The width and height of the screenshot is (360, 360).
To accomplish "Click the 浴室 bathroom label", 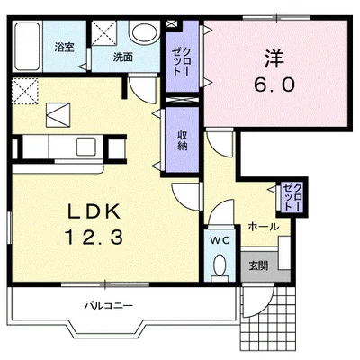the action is point(64,47).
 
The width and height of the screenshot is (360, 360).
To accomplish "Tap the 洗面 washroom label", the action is point(123,57).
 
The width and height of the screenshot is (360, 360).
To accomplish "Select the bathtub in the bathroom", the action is point(27,46).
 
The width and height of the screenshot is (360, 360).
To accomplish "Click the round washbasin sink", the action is point(144,32).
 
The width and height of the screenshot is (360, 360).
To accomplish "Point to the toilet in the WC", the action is point(220,266).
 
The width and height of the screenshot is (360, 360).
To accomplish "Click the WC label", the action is point(220,240).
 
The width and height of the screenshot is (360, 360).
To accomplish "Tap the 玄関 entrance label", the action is point(259,265).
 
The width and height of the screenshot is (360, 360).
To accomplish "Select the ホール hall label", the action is point(264,227).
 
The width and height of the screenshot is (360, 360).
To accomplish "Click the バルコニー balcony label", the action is point(108,306).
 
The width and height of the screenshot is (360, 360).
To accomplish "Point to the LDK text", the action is point(94,212).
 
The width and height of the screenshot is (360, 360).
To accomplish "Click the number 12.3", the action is point(94,238).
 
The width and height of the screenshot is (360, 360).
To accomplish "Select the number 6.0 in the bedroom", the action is point(274,85).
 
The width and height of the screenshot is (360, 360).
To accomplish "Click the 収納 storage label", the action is point(182,140).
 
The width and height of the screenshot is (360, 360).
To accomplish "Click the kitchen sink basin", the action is point(86,147).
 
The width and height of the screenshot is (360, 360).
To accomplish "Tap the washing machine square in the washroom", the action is point(103,32).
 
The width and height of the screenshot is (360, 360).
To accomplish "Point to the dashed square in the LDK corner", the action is point(25,91).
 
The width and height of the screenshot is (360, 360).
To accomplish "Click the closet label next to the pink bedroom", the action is point(182,61).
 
